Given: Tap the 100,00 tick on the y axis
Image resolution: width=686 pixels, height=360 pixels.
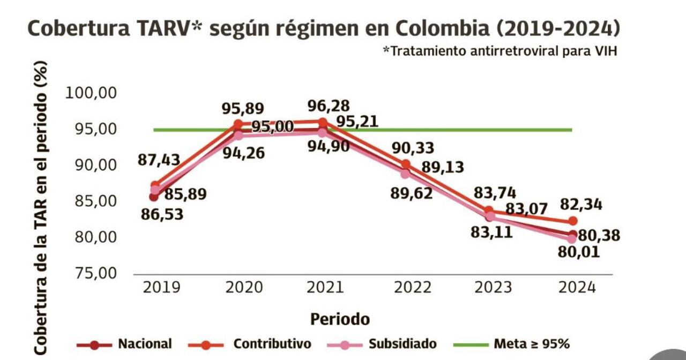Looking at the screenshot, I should point(91,93).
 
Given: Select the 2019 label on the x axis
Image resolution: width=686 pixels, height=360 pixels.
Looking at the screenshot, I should point(161,287).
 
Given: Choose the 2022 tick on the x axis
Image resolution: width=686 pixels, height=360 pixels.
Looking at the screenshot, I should point(413,287).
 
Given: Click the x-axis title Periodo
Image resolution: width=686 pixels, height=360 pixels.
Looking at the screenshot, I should point(340,319).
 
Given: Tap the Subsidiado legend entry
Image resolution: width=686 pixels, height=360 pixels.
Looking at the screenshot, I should point(402,344).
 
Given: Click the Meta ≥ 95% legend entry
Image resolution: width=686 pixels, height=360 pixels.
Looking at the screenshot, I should point(531,344).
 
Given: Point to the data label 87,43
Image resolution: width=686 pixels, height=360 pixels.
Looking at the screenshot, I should point(159,160).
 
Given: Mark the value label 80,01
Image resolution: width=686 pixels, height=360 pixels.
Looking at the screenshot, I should point(579,252).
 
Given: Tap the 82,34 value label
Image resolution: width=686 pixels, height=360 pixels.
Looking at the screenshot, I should point(581,204).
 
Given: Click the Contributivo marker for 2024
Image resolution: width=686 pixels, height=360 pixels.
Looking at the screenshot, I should point(572,221).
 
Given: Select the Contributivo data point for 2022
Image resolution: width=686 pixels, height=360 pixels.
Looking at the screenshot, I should point(406,164).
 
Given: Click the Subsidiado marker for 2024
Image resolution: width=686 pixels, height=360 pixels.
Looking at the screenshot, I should point(572,239).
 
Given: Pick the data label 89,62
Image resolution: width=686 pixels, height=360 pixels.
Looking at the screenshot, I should point(411,193).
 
